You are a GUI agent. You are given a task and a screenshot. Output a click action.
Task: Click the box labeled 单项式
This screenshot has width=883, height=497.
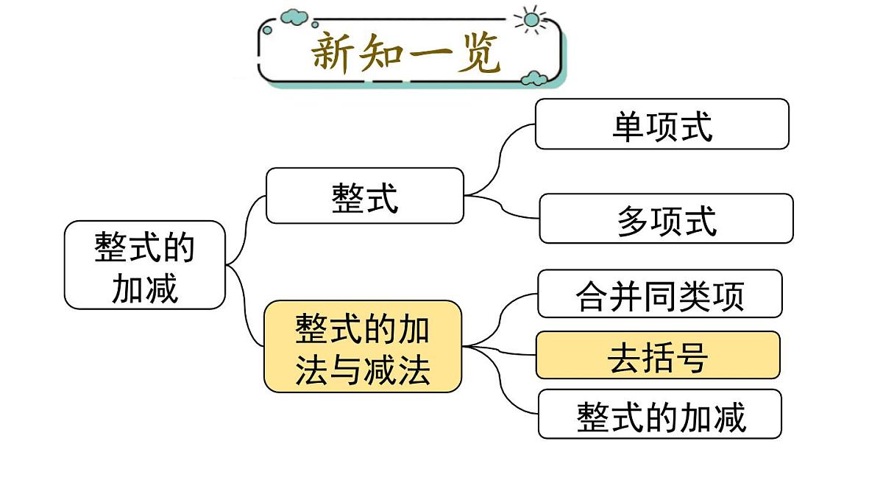pos(662,124)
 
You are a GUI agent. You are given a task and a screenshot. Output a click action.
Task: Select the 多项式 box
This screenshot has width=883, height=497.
pos(666,218)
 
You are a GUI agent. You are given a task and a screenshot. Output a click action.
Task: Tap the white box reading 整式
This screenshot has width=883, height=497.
pos(365,196)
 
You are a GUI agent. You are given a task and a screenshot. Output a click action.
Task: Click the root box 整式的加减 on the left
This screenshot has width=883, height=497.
pos(145,264)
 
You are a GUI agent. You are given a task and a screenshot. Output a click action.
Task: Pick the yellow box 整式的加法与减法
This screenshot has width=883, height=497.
pos(363,346)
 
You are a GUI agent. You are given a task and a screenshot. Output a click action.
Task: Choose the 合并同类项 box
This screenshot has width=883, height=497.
pos(660,294)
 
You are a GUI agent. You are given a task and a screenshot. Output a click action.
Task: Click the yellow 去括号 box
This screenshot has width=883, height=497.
pos(658,355)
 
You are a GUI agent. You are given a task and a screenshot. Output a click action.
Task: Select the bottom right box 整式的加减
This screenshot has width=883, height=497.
pos(659,414)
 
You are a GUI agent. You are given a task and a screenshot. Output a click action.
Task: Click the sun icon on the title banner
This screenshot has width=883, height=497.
pos(531,20)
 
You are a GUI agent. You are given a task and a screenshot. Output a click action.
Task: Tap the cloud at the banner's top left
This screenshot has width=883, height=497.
pos(294,17)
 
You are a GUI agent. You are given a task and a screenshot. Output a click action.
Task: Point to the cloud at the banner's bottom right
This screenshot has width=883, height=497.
pos(533,79)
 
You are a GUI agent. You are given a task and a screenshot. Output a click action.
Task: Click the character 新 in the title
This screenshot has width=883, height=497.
pos(330,53)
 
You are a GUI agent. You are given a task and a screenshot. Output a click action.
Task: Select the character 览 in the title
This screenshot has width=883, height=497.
pos(478,52)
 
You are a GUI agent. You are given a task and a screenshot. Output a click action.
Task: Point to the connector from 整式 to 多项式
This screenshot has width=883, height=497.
pos(501,206)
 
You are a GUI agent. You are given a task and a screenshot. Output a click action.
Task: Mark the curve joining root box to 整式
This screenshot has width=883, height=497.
pos(245,230)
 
